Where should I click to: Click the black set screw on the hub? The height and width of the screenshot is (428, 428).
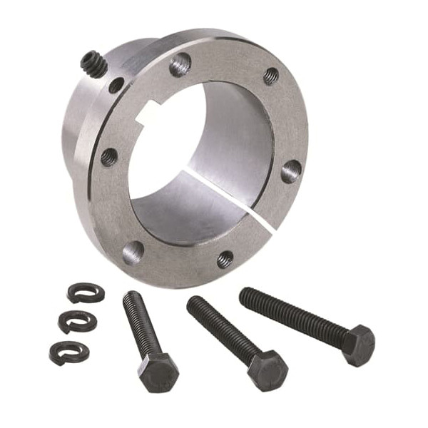point(93,65)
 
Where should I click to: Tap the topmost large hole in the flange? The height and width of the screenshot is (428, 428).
point(180,65)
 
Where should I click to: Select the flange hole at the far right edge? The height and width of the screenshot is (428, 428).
point(291,170)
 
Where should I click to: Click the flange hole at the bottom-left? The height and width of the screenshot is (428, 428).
point(133,251)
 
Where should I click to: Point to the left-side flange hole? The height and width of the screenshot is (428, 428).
point(109,156)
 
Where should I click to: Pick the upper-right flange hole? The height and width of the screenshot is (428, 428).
point(271,76)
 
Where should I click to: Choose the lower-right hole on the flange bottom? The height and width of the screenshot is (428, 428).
point(225,258)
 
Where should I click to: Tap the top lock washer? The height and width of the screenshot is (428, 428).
point(86,292)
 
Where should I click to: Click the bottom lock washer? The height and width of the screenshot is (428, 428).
point(68,350)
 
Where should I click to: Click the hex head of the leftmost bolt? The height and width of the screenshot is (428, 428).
point(158,372)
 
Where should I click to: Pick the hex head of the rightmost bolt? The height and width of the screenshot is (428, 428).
point(357,345)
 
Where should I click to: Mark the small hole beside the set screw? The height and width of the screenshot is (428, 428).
point(116,86)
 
